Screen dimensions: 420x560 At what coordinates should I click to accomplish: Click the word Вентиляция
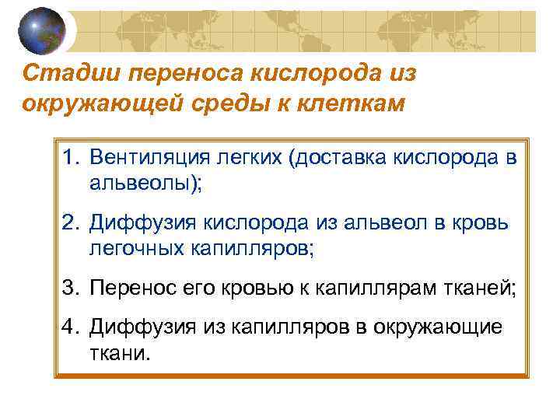click(145, 158)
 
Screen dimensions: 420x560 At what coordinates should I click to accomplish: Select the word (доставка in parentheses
click(332, 158)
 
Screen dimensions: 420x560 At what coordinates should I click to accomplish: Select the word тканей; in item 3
click(482, 288)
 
